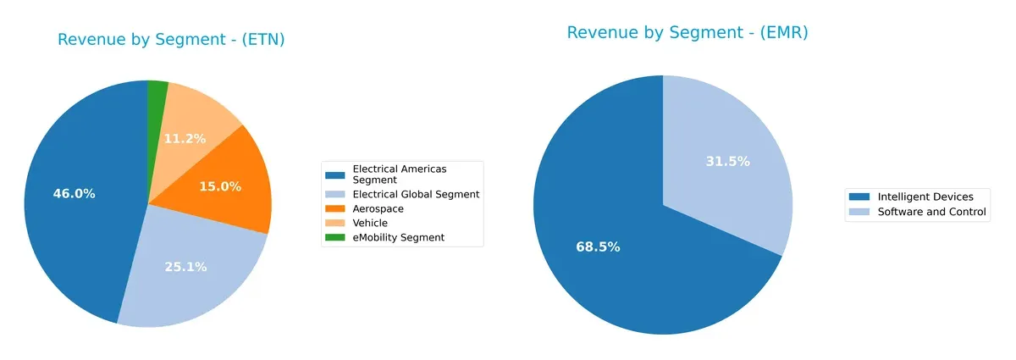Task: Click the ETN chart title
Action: [x=171, y=40]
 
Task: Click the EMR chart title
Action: [x=687, y=33]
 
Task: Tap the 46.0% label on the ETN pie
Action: [x=74, y=193]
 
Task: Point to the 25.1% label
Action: [x=185, y=267]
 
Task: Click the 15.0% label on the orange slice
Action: [x=220, y=186]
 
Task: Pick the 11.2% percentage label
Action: [x=185, y=138]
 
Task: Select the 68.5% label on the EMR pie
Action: [x=598, y=247]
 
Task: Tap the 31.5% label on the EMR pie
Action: [x=727, y=161]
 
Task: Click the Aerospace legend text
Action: [x=378, y=208]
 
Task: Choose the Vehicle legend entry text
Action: [x=370, y=223]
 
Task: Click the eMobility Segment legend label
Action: [x=398, y=237]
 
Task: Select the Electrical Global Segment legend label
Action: [x=416, y=194]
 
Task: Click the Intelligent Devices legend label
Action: [x=925, y=197]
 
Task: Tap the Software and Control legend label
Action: [x=932, y=212]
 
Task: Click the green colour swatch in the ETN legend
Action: [x=336, y=237]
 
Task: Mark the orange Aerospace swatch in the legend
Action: [x=336, y=208]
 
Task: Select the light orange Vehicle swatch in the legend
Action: [x=336, y=223]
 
